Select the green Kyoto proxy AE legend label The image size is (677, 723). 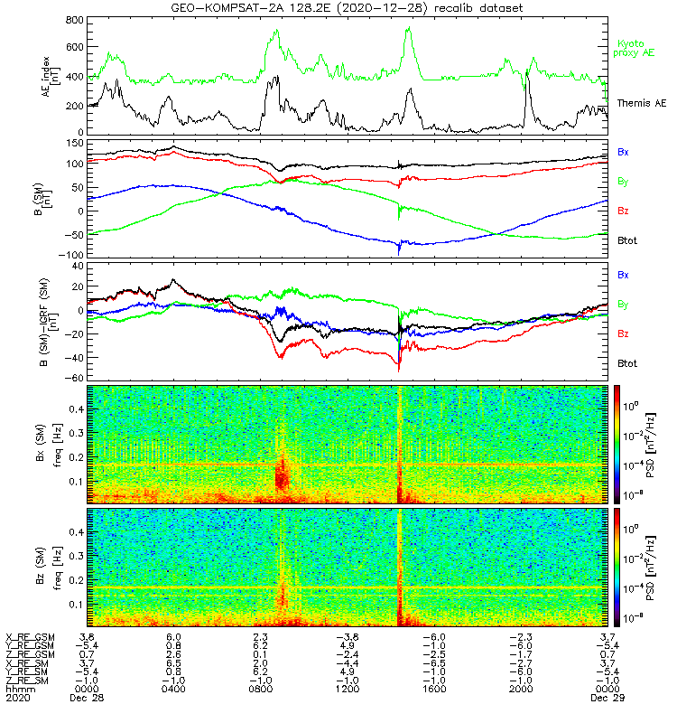pyautogui.click(x=635, y=48)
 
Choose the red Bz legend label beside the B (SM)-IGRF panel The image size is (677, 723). pyautogui.click(x=623, y=333)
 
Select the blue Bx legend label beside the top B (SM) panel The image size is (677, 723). pyautogui.click(x=623, y=152)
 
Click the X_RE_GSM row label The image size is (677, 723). pyautogui.click(x=30, y=636)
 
